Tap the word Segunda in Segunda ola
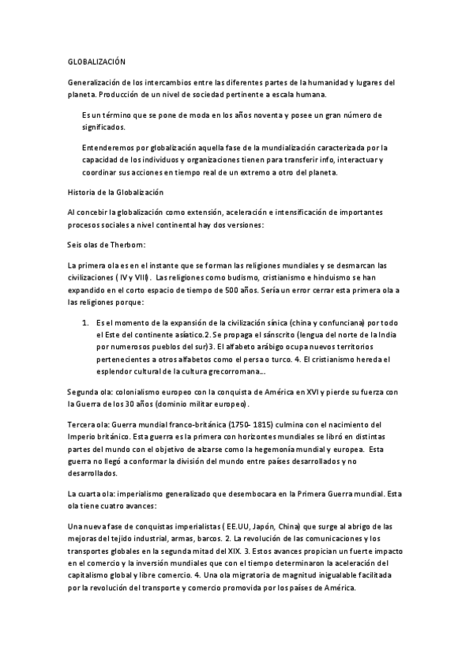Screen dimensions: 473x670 [x=84, y=390]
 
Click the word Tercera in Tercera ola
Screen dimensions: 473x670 [x=83, y=423]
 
